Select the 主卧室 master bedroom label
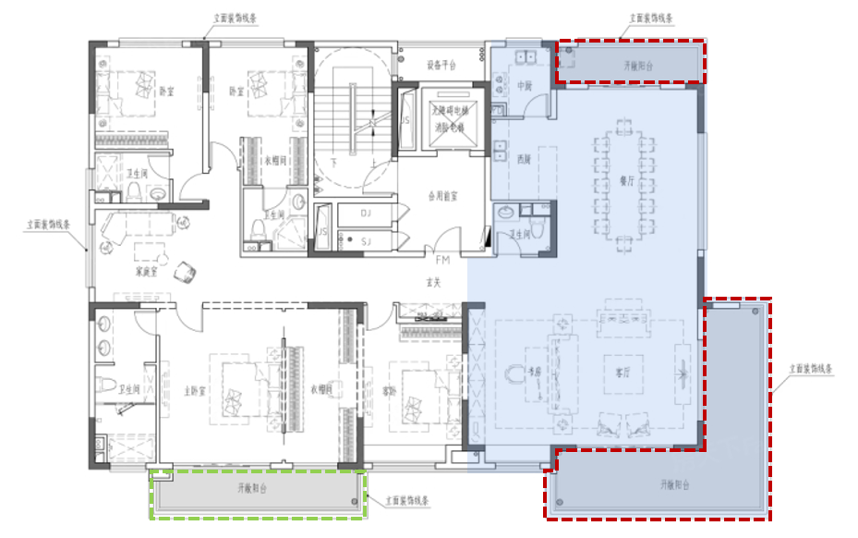194,392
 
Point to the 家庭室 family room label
147,272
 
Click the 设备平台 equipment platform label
441,66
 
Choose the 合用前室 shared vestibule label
443,196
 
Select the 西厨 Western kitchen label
524,159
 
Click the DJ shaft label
366,214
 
